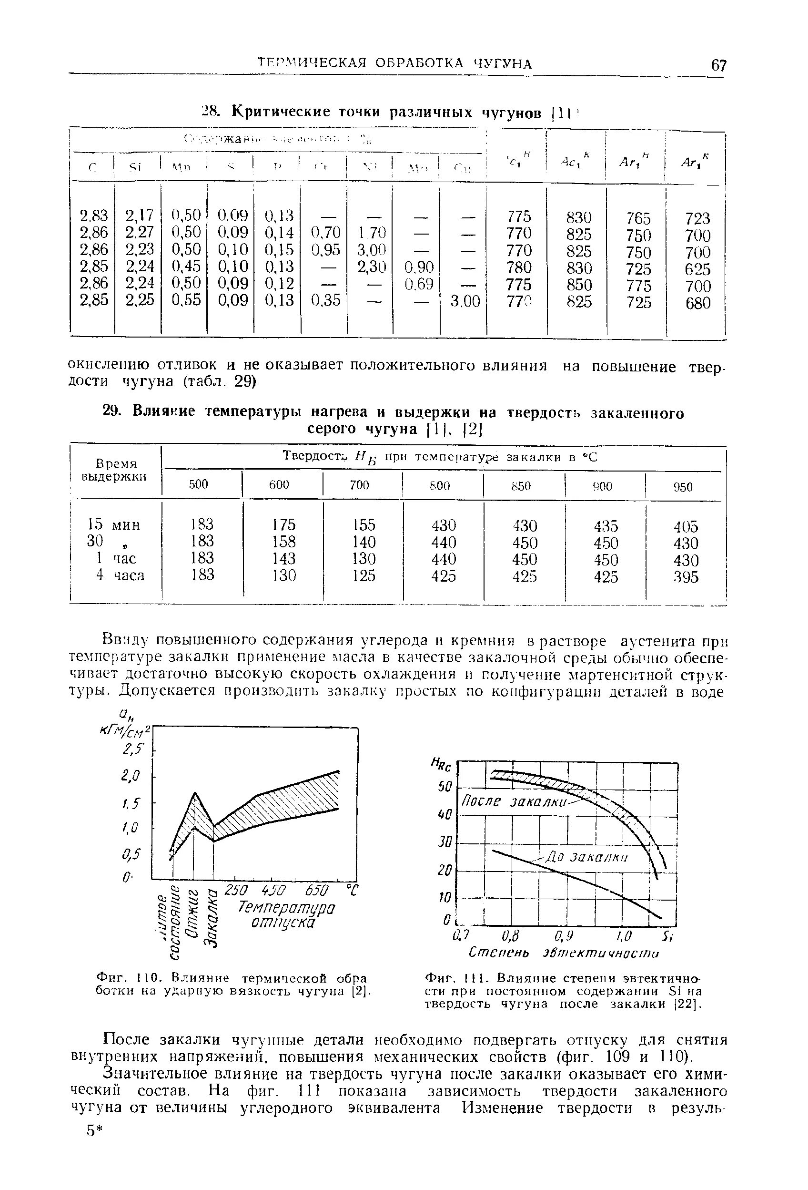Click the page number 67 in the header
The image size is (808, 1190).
[718, 65]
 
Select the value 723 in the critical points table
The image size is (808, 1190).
[698, 219]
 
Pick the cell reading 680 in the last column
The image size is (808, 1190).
[698, 303]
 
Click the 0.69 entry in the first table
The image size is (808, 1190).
[419, 283]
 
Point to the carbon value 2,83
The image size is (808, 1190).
[94, 215]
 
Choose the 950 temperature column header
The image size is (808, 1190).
[683, 486]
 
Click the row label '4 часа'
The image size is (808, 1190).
[120, 575]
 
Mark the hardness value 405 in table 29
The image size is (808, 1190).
[686, 526]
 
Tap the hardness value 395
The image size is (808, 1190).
[686, 577]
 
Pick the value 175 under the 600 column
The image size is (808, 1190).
[283, 525]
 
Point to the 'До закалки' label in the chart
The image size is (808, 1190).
[585, 857]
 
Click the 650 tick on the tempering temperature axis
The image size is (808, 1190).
[317, 890]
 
